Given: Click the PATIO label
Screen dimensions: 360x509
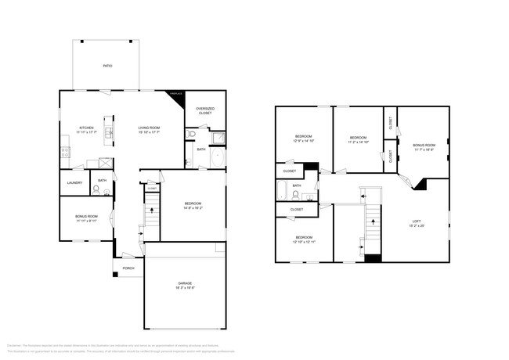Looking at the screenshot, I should tap(107, 66).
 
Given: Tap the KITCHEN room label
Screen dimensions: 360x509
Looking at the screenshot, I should tap(86, 128).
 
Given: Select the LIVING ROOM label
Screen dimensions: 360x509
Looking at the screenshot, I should tap(149, 128).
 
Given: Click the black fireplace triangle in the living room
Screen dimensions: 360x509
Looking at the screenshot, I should tap(178, 95).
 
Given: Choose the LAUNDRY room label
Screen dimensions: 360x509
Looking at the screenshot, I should tap(74, 183).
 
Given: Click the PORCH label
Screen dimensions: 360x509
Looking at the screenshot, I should tap(128, 268).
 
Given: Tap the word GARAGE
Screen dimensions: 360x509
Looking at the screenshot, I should tap(185, 283).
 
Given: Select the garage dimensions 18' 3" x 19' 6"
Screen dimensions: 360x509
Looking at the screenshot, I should tap(185, 289).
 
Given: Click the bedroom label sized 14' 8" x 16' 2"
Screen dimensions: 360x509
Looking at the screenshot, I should tap(193, 205).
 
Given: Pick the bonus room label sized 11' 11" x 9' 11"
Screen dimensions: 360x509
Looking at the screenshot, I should tap(86, 218).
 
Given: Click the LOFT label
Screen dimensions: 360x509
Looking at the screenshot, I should tap(417, 222).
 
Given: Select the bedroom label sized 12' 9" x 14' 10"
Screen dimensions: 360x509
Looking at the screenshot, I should tap(303, 138).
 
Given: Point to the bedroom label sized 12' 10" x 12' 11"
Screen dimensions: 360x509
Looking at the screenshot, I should tap(303, 239).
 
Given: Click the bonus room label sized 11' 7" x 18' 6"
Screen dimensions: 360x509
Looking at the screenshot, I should tap(424, 147).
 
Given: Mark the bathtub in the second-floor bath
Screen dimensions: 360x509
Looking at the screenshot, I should tap(281, 193).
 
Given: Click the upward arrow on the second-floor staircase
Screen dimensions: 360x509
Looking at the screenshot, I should tap(373, 221).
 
